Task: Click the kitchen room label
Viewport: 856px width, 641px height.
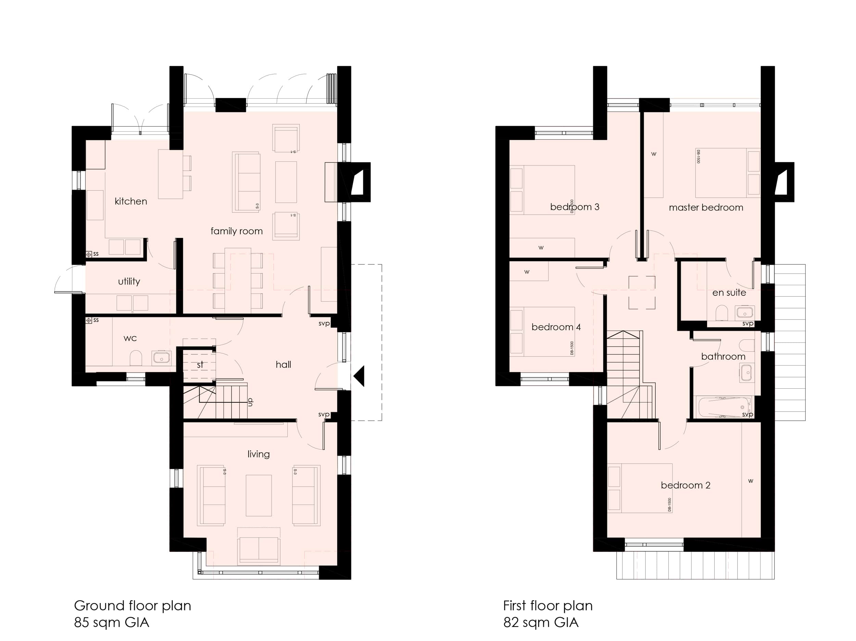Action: (131, 201)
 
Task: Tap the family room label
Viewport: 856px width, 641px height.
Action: (237, 231)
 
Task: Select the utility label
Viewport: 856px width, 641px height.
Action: (129, 281)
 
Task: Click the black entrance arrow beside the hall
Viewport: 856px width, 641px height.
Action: (360, 376)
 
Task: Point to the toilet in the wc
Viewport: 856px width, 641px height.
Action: (136, 358)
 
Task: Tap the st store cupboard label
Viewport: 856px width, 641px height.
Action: (200, 365)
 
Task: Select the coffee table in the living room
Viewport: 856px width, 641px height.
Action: (259, 495)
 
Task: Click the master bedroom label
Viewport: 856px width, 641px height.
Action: (706, 208)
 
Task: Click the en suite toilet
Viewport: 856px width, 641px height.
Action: (722, 313)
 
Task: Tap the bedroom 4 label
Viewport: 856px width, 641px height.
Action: (556, 327)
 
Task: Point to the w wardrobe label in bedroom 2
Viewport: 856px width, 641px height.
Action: (750, 481)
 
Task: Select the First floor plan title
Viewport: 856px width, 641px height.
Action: (547, 605)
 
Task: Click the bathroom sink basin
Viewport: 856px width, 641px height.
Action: (746, 373)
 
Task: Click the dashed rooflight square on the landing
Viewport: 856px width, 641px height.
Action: (642, 293)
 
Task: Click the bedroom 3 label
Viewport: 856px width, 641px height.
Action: (574, 207)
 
